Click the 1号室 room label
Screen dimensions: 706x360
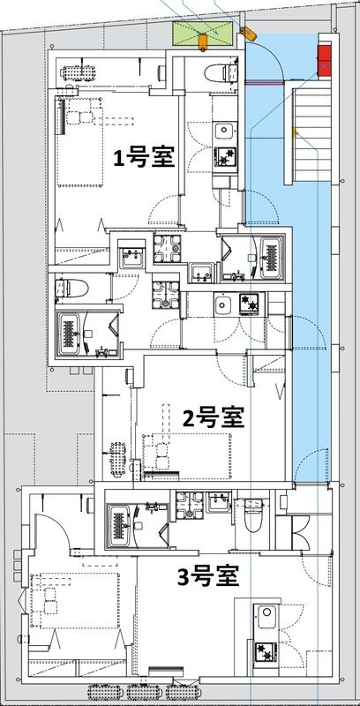coord(142,158)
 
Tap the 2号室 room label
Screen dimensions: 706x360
coord(213,417)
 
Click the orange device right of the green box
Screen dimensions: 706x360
coord(247,34)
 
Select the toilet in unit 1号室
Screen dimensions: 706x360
coord(216,71)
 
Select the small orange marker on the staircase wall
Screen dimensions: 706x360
coord(296,134)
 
